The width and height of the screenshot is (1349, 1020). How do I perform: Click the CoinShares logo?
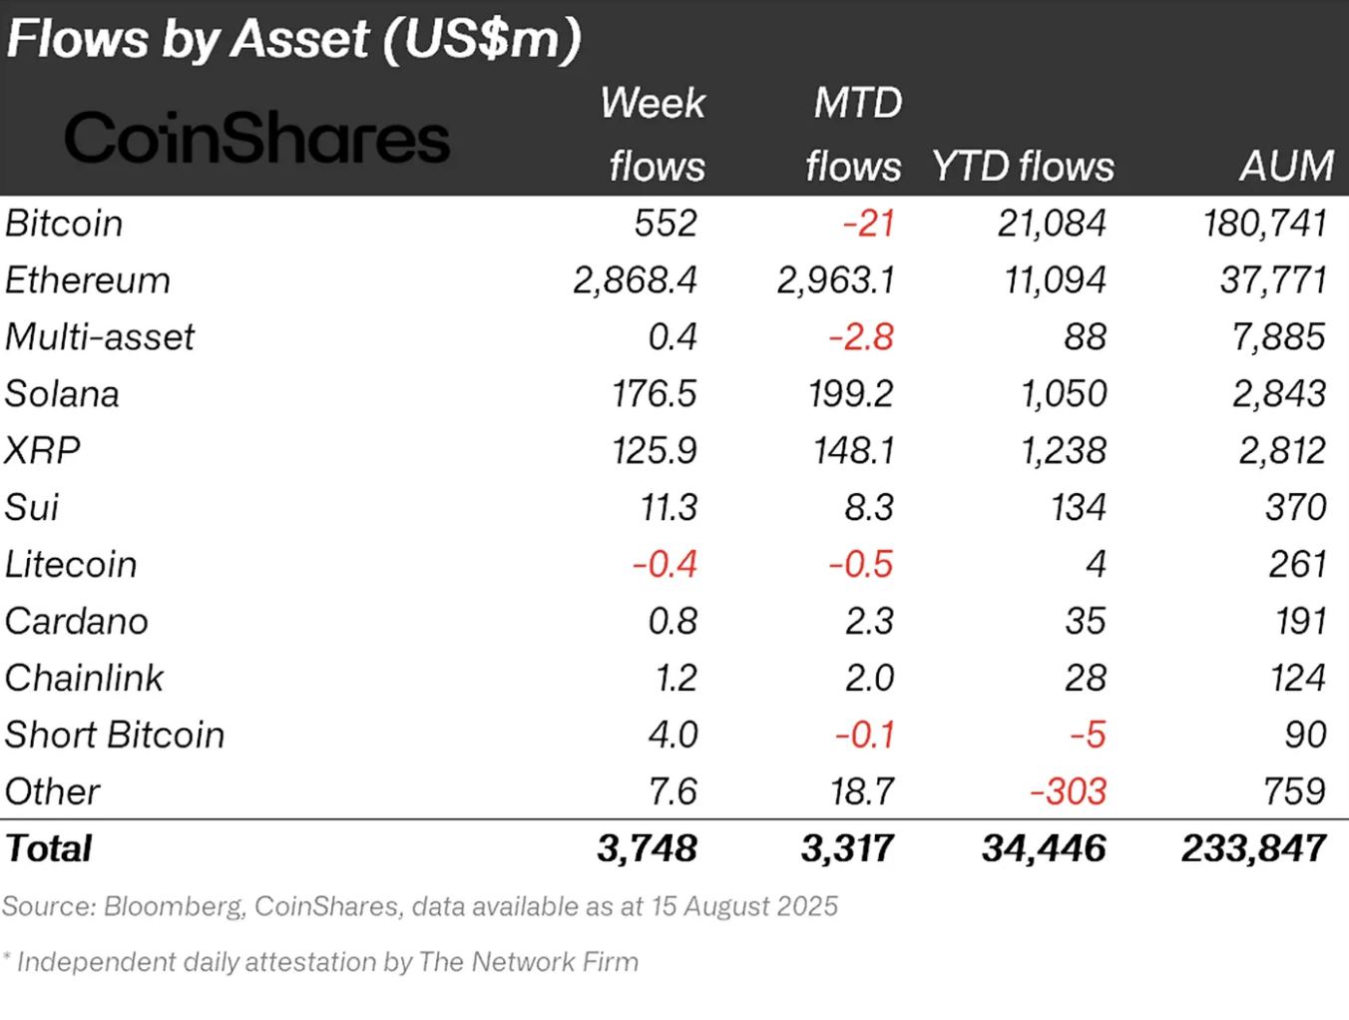[257, 138]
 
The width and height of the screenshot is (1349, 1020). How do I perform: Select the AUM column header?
[1286, 166]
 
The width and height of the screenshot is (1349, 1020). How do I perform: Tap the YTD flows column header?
[1023, 166]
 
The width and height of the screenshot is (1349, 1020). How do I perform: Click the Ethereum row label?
[88, 280]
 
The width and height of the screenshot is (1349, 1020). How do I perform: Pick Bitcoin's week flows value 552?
[666, 224]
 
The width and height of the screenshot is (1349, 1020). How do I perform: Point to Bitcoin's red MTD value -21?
[868, 224]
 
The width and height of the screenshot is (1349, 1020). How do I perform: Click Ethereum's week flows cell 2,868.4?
[635, 280]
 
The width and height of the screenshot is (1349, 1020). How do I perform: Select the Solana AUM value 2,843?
[1279, 394]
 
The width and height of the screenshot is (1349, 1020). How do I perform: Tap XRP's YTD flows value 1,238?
[1063, 451]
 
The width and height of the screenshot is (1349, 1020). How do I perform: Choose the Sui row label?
[32, 508]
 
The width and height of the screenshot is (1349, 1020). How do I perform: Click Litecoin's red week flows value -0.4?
[665, 565]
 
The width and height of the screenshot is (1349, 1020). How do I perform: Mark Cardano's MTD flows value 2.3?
[869, 622]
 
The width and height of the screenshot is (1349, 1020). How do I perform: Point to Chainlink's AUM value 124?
[1297, 679]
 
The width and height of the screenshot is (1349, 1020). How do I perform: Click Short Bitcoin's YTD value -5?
[1088, 736]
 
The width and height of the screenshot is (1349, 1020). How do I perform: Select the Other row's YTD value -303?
[1068, 792]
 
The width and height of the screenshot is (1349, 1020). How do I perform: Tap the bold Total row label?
[49, 849]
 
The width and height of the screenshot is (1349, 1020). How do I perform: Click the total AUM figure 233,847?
[1253, 849]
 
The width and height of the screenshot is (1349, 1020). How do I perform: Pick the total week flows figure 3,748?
[647, 849]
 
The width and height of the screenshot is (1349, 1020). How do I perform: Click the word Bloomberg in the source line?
[174, 906]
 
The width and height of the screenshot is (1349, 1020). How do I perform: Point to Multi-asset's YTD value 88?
[1085, 337]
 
